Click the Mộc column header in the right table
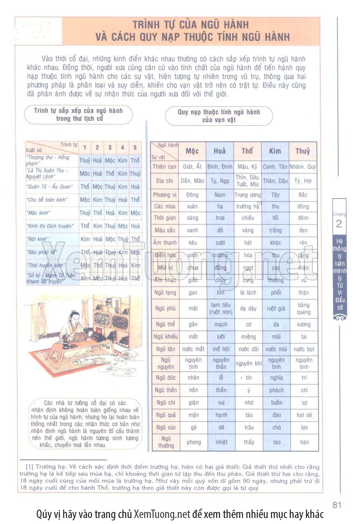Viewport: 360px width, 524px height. tap(192, 151)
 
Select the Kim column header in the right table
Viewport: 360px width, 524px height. tap(275, 151)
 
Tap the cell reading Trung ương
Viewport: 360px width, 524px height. tap(247, 195)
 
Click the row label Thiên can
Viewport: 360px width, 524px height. tap(164, 167)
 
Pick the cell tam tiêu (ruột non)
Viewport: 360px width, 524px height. tap(221, 308)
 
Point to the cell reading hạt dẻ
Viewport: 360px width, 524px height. tap(304, 415)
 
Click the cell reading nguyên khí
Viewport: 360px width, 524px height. tap(248, 363)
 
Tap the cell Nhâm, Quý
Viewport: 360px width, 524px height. tap(303, 167)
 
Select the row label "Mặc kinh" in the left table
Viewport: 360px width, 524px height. tap(38, 213)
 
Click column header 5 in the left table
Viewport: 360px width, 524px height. tap(135, 147)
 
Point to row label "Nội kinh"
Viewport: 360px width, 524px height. tap(38, 239)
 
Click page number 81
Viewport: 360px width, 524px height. tap(337, 505)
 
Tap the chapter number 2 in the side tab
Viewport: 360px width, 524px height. tap(339, 224)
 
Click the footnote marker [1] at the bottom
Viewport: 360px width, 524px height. tap(29, 466)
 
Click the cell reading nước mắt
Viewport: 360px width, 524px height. tap(193, 349)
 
